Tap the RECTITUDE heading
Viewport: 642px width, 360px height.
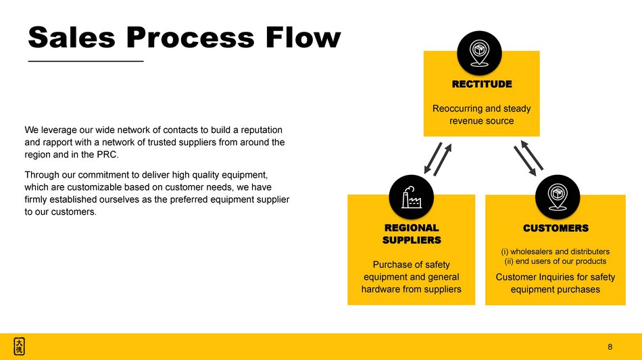(x=482, y=84)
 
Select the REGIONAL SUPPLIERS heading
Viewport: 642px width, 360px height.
(x=412, y=234)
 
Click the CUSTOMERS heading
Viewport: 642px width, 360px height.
(x=555, y=228)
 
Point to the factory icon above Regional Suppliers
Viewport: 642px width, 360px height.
(x=412, y=197)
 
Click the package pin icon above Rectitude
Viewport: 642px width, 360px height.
(x=479, y=52)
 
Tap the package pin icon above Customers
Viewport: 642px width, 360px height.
(x=557, y=197)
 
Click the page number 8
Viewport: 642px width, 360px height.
(x=610, y=347)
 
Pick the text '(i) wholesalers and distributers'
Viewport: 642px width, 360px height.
(x=555, y=251)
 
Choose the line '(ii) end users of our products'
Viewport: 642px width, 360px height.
(x=555, y=261)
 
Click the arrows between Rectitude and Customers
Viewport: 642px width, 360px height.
(x=529, y=157)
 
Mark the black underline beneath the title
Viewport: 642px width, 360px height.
(x=86, y=61)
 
